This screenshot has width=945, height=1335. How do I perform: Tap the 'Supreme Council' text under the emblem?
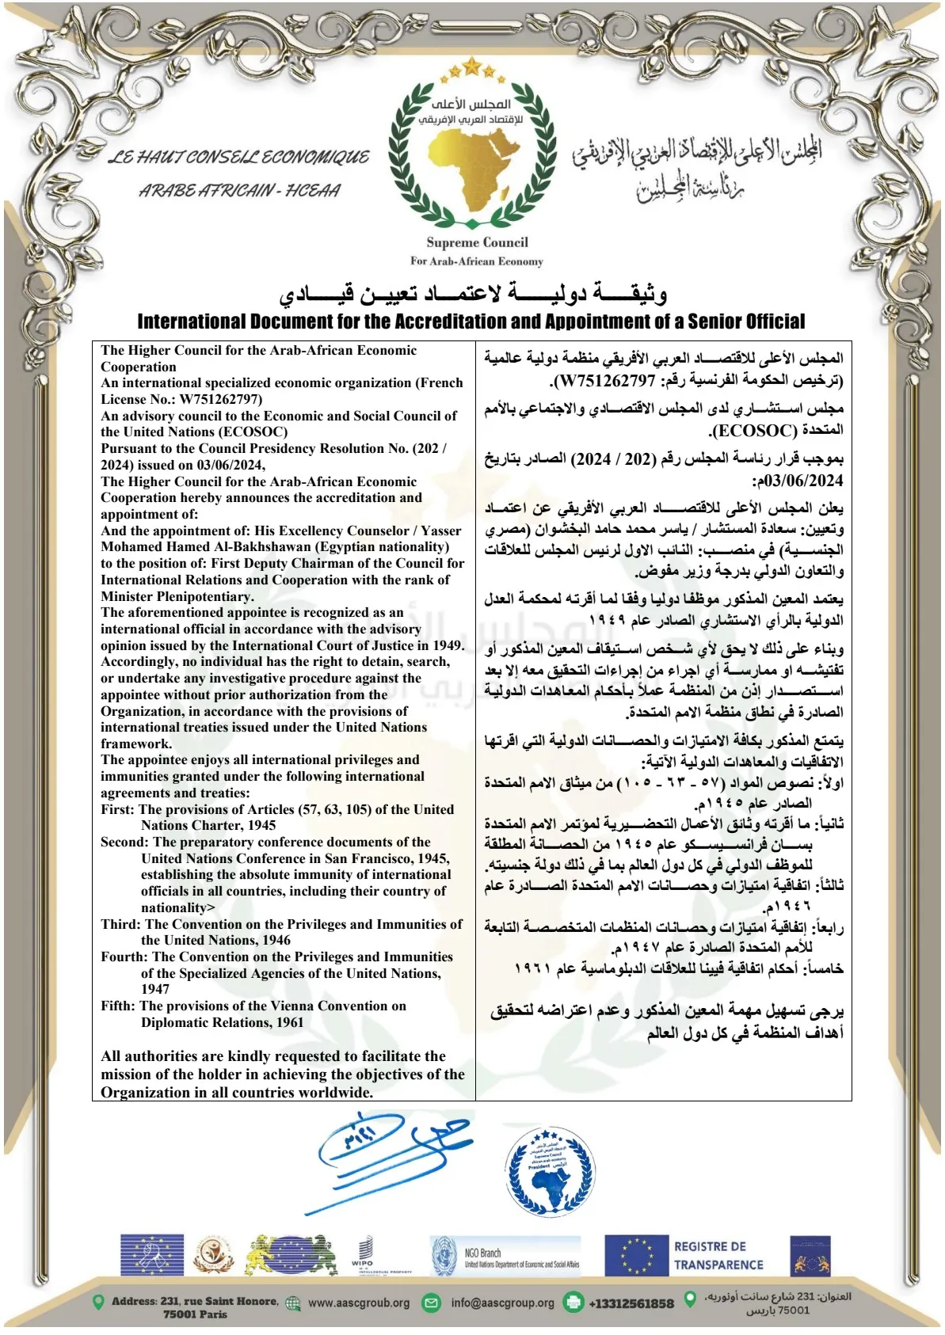(476, 243)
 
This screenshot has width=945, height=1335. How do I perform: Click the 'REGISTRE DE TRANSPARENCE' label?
(718, 1256)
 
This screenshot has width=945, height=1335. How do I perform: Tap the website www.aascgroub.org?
(359, 1303)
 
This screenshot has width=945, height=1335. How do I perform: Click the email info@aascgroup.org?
(502, 1303)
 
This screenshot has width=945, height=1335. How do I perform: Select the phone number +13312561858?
(631, 1303)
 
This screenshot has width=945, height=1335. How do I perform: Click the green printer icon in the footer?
(573, 1302)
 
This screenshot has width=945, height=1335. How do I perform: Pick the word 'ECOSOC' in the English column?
(259, 432)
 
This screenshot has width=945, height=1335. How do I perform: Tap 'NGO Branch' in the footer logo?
(482, 1253)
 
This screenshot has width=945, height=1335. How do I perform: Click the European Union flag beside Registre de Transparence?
(636, 1256)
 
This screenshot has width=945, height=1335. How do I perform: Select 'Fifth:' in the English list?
(118, 1006)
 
